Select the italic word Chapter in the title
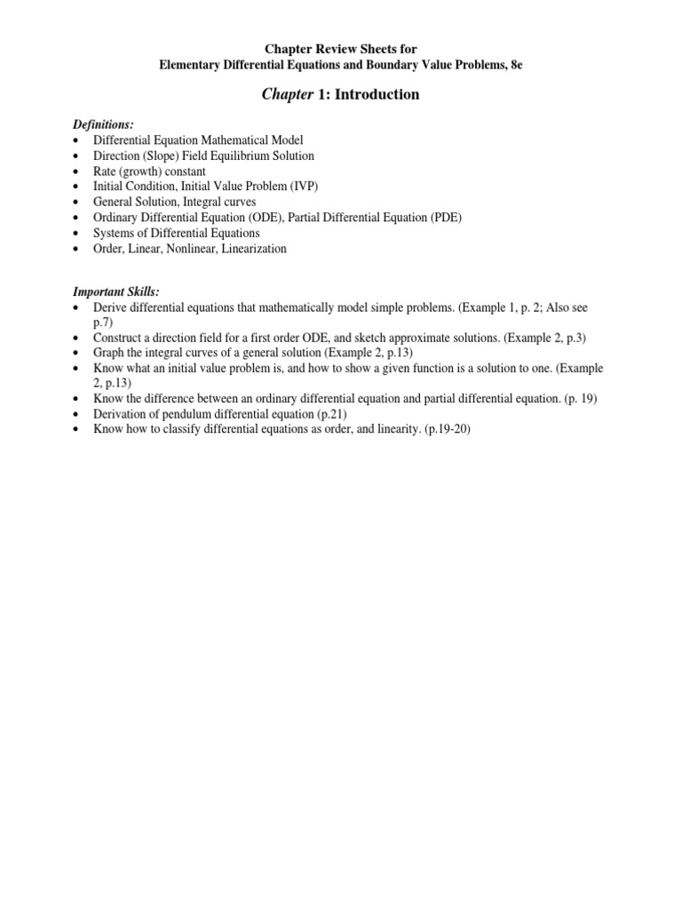[282, 94]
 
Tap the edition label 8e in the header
[517, 65]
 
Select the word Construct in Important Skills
[118, 338]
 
